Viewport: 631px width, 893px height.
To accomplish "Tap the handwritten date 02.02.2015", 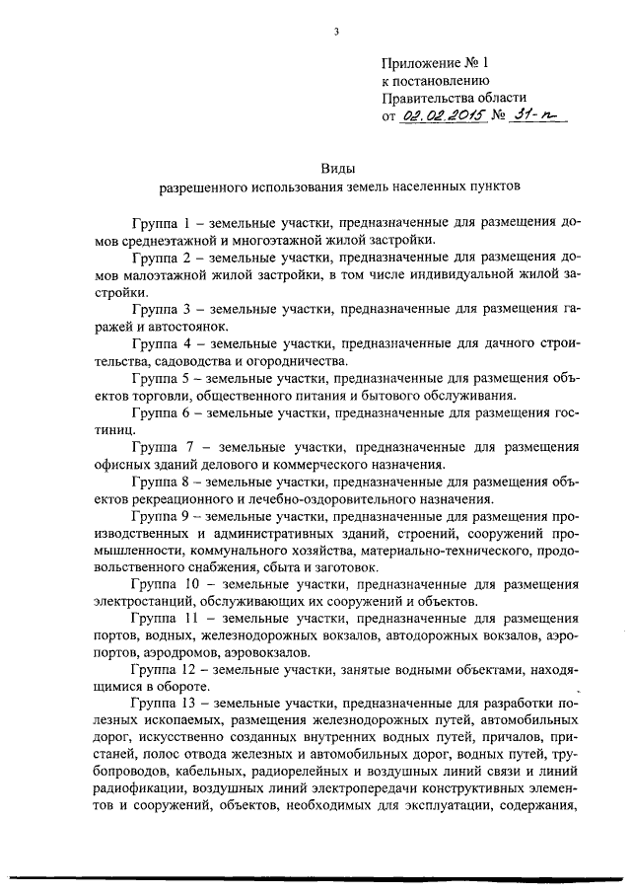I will point(435,114).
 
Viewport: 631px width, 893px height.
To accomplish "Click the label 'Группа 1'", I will point(157,221).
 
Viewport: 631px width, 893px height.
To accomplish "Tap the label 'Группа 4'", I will point(157,343).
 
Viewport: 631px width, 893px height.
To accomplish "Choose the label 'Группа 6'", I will point(157,413).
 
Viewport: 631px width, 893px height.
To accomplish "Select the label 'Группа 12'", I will point(161,672).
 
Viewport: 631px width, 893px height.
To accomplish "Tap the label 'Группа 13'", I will point(161,707).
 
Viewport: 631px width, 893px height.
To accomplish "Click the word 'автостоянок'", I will point(192,326).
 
